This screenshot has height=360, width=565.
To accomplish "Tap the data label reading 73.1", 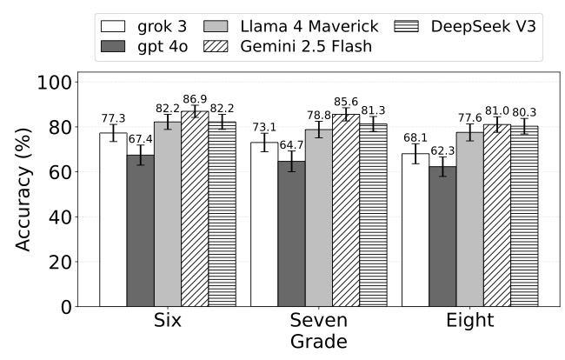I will [x=263, y=128].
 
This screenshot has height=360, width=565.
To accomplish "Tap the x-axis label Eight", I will [x=470, y=322].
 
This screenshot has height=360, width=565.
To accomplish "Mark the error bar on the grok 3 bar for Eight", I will [x=415, y=154].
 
